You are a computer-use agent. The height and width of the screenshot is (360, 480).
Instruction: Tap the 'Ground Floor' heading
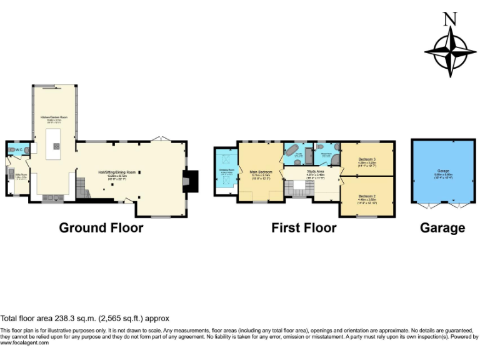click(x=101, y=228)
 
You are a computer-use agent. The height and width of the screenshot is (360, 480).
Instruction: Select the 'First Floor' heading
click(x=304, y=228)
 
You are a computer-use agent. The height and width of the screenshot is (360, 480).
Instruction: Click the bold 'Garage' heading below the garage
click(x=442, y=228)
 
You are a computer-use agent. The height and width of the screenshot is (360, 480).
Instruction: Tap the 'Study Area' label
click(x=315, y=171)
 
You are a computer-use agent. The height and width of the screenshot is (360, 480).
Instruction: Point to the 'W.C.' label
click(x=19, y=149)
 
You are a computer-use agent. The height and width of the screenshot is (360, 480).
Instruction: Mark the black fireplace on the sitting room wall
click(x=191, y=181)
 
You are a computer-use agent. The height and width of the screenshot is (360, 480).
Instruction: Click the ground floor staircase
click(x=81, y=186)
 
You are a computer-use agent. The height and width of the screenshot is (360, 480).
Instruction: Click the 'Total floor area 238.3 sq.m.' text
click(x=84, y=318)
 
